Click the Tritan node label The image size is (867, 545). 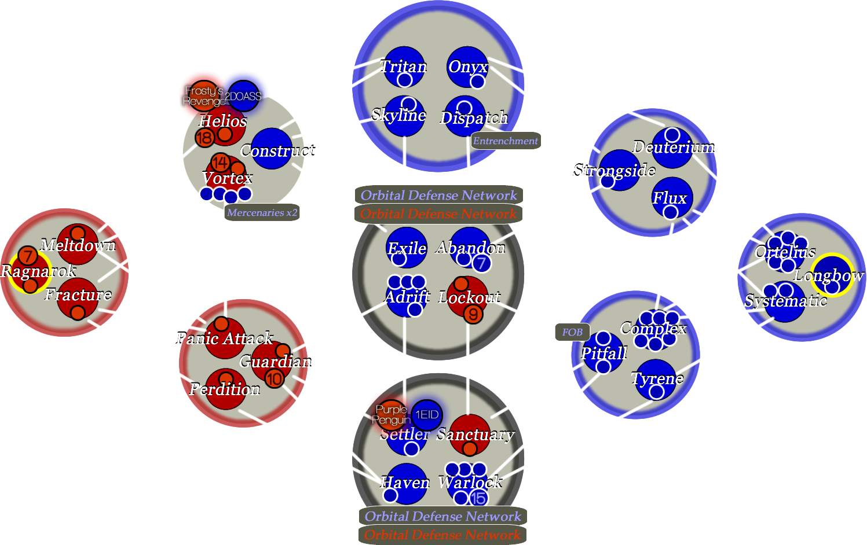click(x=404, y=67)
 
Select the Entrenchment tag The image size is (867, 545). click(x=506, y=141)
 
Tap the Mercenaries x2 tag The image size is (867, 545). click(x=262, y=212)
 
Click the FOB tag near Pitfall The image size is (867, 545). click(x=572, y=332)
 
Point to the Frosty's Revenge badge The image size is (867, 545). click(x=202, y=96)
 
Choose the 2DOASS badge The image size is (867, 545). click(x=243, y=97)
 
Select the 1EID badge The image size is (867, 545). click(x=427, y=415)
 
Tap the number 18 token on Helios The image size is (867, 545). click(x=204, y=138)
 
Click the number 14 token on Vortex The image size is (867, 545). click(x=220, y=162)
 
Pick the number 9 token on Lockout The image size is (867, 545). click(x=474, y=314)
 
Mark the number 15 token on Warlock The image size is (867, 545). click(x=478, y=498)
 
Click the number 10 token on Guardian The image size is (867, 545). click(x=275, y=379)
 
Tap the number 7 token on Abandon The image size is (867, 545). click(x=481, y=263)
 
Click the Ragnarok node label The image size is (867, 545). click(x=38, y=271)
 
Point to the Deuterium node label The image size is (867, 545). click(x=674, y=147)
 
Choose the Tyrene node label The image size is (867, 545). click(x=657, y=378)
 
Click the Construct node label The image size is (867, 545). click(x=277, y=150)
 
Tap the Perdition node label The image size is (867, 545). click(x=225, y=389)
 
